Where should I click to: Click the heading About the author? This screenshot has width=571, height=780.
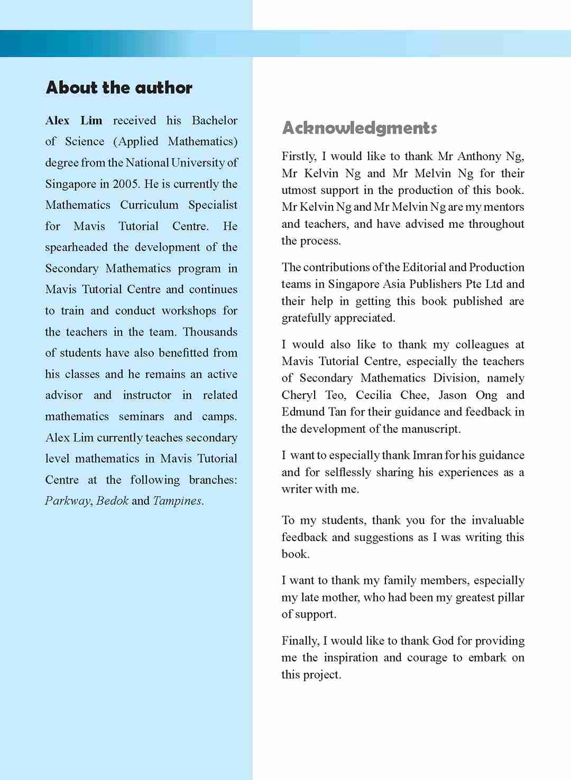click(119, 88)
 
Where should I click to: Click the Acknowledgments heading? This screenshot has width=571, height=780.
click(360, 128)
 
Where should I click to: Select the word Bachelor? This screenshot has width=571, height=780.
click(215, 120)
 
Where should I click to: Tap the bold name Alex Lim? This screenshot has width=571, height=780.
click(74, 120)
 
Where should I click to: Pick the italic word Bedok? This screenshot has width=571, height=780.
click(113, 501)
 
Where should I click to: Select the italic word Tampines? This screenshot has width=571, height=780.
click(177, 501)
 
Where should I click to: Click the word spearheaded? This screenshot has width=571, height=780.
click(77, 247)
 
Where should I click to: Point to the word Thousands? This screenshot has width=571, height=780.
click(210, 332)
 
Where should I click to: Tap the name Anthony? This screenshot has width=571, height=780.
click(479, 156)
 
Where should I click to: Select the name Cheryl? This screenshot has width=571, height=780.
click(299, 395)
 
